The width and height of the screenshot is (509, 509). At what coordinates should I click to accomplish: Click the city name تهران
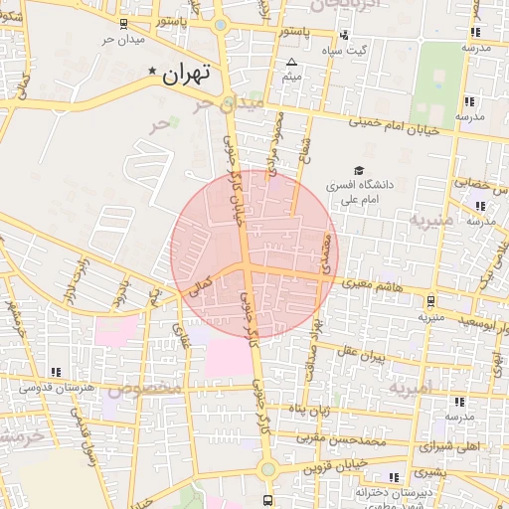[x=189, y=73]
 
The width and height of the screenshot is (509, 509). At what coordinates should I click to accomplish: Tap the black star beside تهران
[x=152, y=72]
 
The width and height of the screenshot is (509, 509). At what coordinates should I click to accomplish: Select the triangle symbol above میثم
[x=291, y=63]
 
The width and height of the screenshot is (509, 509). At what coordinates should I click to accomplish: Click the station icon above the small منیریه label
[x=430, y=301]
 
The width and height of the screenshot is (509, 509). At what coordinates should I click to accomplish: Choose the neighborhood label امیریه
[x=411, y=387]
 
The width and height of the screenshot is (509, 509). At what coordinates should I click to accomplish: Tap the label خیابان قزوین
[x=333, y=465]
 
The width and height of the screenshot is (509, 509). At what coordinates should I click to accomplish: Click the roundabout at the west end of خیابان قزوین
[x=266, y=468]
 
